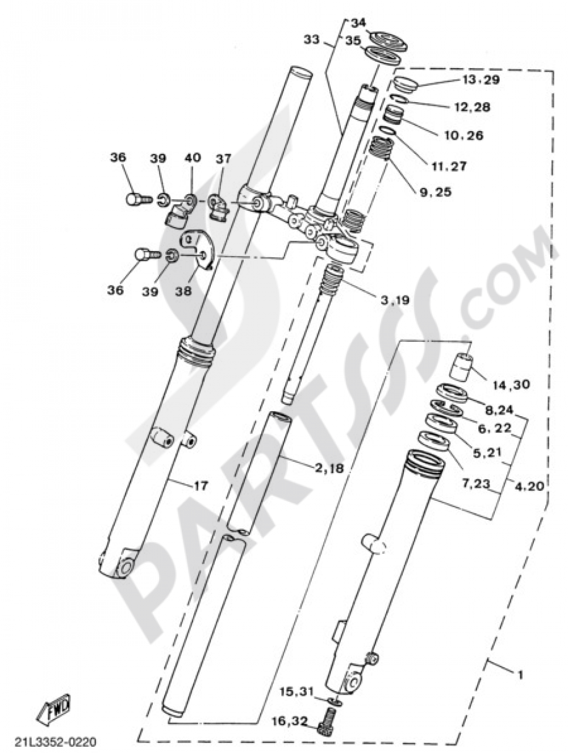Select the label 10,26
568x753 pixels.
[x=463, y=135]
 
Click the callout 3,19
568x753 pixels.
[x=394, y=300]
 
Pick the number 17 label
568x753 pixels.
[x=201, y=486]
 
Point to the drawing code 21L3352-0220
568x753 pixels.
[x=56, y=742]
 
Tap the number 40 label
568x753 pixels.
[x=192, y=158]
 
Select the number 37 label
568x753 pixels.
[x=224, y=159]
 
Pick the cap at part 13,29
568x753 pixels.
[x=405, y=84]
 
